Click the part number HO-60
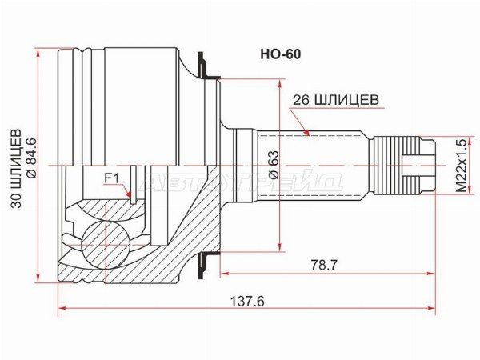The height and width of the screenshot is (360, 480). point(281,54)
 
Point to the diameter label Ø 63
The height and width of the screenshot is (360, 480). point(274,165)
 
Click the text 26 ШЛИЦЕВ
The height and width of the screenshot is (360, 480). point(336,100)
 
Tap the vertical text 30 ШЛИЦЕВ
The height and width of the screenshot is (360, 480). point(16,168)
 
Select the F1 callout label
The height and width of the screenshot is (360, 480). point(111,178)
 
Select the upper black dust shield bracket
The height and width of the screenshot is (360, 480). point(206,66)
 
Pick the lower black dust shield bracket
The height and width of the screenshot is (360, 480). point(206,265)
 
